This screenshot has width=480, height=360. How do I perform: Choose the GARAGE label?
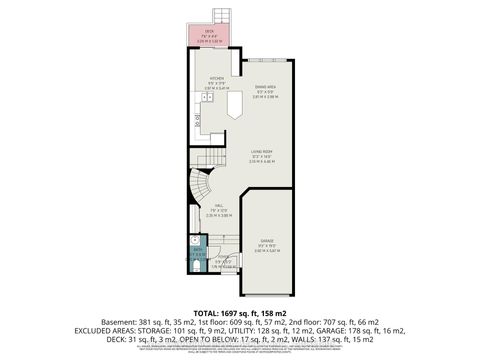point(266,241)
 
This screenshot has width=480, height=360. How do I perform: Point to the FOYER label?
point(222,259)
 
